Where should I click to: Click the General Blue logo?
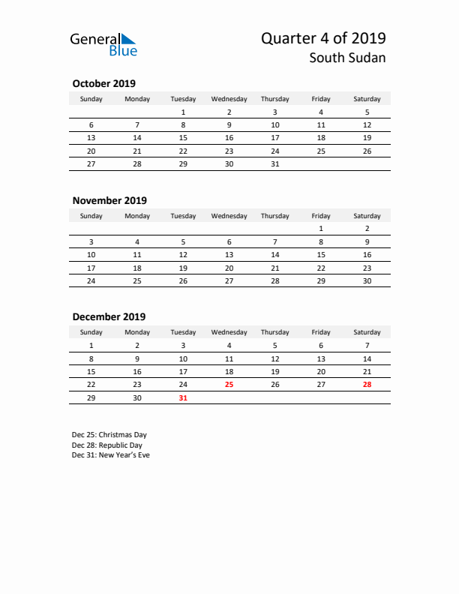(x=103, y=43)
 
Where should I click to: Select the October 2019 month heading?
(x=103, y=83)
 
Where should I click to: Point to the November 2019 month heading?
(x=109, y=200)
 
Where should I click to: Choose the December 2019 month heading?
(x=109, y=316)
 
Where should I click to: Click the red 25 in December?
(x=229, y=384)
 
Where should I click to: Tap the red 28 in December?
(x=367, y=384)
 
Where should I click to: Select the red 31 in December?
(x=183, y=398)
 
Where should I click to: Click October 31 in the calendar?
(x=274, y=163)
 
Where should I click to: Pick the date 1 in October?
(x=183, y=112)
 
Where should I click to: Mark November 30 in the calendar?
(x=367, y=280)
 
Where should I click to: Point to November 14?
(x=274, y=255)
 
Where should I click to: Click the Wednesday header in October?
(x=229, y=99)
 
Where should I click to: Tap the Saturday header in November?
(x=367, y=216)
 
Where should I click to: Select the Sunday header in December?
(x=91, y=332)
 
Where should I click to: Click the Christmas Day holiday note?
(x=109, y=434)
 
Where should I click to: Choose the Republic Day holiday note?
(x=107, y=445)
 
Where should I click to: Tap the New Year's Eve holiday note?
(x=111, y=455)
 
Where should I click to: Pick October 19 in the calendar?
(x=367, y=138)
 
